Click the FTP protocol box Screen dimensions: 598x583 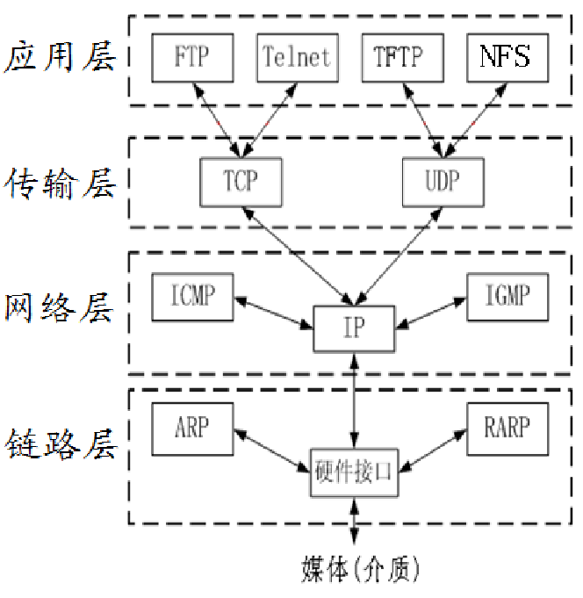point(191,57)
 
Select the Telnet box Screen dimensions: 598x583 point(297,57)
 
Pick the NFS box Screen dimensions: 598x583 point(507,57)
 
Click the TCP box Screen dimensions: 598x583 point(241,181)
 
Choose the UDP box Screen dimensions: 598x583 point(443,181)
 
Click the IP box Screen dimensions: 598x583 point(354,328)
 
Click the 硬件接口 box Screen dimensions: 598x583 point(354,472)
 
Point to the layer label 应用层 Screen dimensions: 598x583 point(59,58)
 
